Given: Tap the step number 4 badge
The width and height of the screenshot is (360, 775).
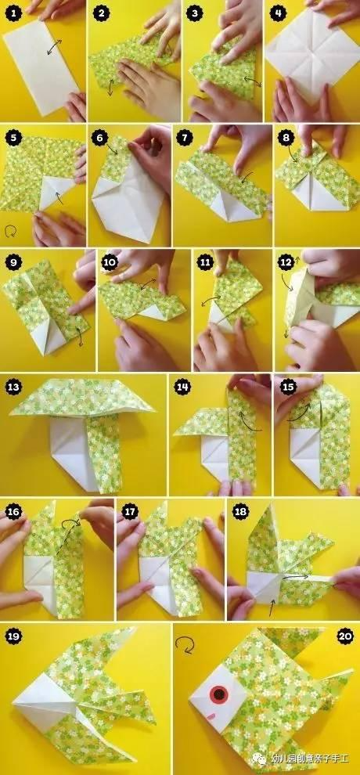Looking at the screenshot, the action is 278,13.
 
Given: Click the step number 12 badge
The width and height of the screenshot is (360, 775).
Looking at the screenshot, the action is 286,262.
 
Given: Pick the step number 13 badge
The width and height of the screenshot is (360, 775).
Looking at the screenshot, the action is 14,387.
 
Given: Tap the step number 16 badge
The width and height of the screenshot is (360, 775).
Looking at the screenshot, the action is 14,512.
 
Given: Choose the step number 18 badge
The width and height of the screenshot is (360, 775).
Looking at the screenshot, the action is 240,512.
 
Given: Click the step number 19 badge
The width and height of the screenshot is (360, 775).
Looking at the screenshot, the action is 14,636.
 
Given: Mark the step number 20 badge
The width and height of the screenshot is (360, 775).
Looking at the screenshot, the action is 345,636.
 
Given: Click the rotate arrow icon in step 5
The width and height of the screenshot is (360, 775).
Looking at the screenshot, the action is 9,231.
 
